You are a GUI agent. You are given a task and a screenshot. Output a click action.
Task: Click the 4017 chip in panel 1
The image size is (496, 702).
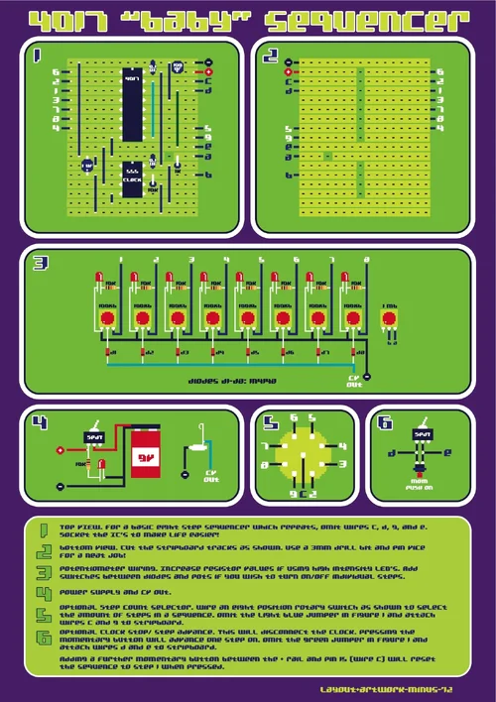coord(133,85)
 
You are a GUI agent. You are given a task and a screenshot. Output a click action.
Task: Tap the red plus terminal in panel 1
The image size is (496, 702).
coord(209,72)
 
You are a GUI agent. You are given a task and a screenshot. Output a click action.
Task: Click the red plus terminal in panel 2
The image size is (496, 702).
coord(288,72)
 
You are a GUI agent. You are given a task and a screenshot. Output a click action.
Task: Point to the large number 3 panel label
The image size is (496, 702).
coord(40,264)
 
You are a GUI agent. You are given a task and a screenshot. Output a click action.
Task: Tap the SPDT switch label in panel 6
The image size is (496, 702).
coord(423,434)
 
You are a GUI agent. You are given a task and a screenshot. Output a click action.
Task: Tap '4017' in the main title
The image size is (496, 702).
coord(63,20)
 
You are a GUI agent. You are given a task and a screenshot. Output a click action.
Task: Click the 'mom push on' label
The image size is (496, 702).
coord(421,485)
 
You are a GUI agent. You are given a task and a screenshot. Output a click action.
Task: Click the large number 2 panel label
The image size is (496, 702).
coord(270,58)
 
